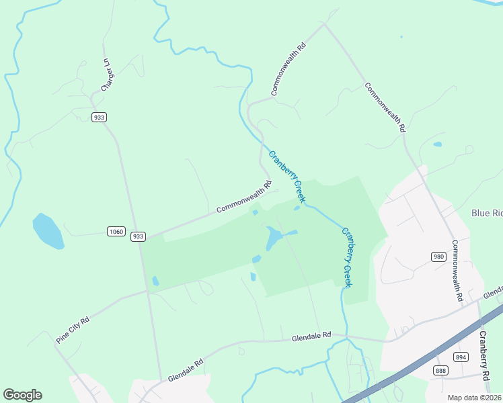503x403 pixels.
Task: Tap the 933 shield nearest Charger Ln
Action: click(x=100, y=117)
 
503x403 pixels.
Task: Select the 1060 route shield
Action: click(x=116, y=232)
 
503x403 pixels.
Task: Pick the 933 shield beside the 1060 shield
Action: click(x=138, y=236)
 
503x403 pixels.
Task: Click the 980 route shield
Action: click(x=438, y=257)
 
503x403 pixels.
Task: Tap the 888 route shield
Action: click(x=440, y=370)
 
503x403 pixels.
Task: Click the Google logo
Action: click(x=22, y=395)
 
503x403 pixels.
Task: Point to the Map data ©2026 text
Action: click(x=475, y=398)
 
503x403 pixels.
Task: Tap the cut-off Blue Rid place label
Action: click(x=487, y=213)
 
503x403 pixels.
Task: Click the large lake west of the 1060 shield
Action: click(x=48, y=231)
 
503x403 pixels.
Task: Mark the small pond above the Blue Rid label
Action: click(x=438, y=144)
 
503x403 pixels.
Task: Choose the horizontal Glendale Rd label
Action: click(x=311, y=335)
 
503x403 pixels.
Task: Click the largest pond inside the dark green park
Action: click(x=273, y=238)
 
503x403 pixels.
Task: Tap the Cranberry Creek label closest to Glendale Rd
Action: click(x=347, y=258)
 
